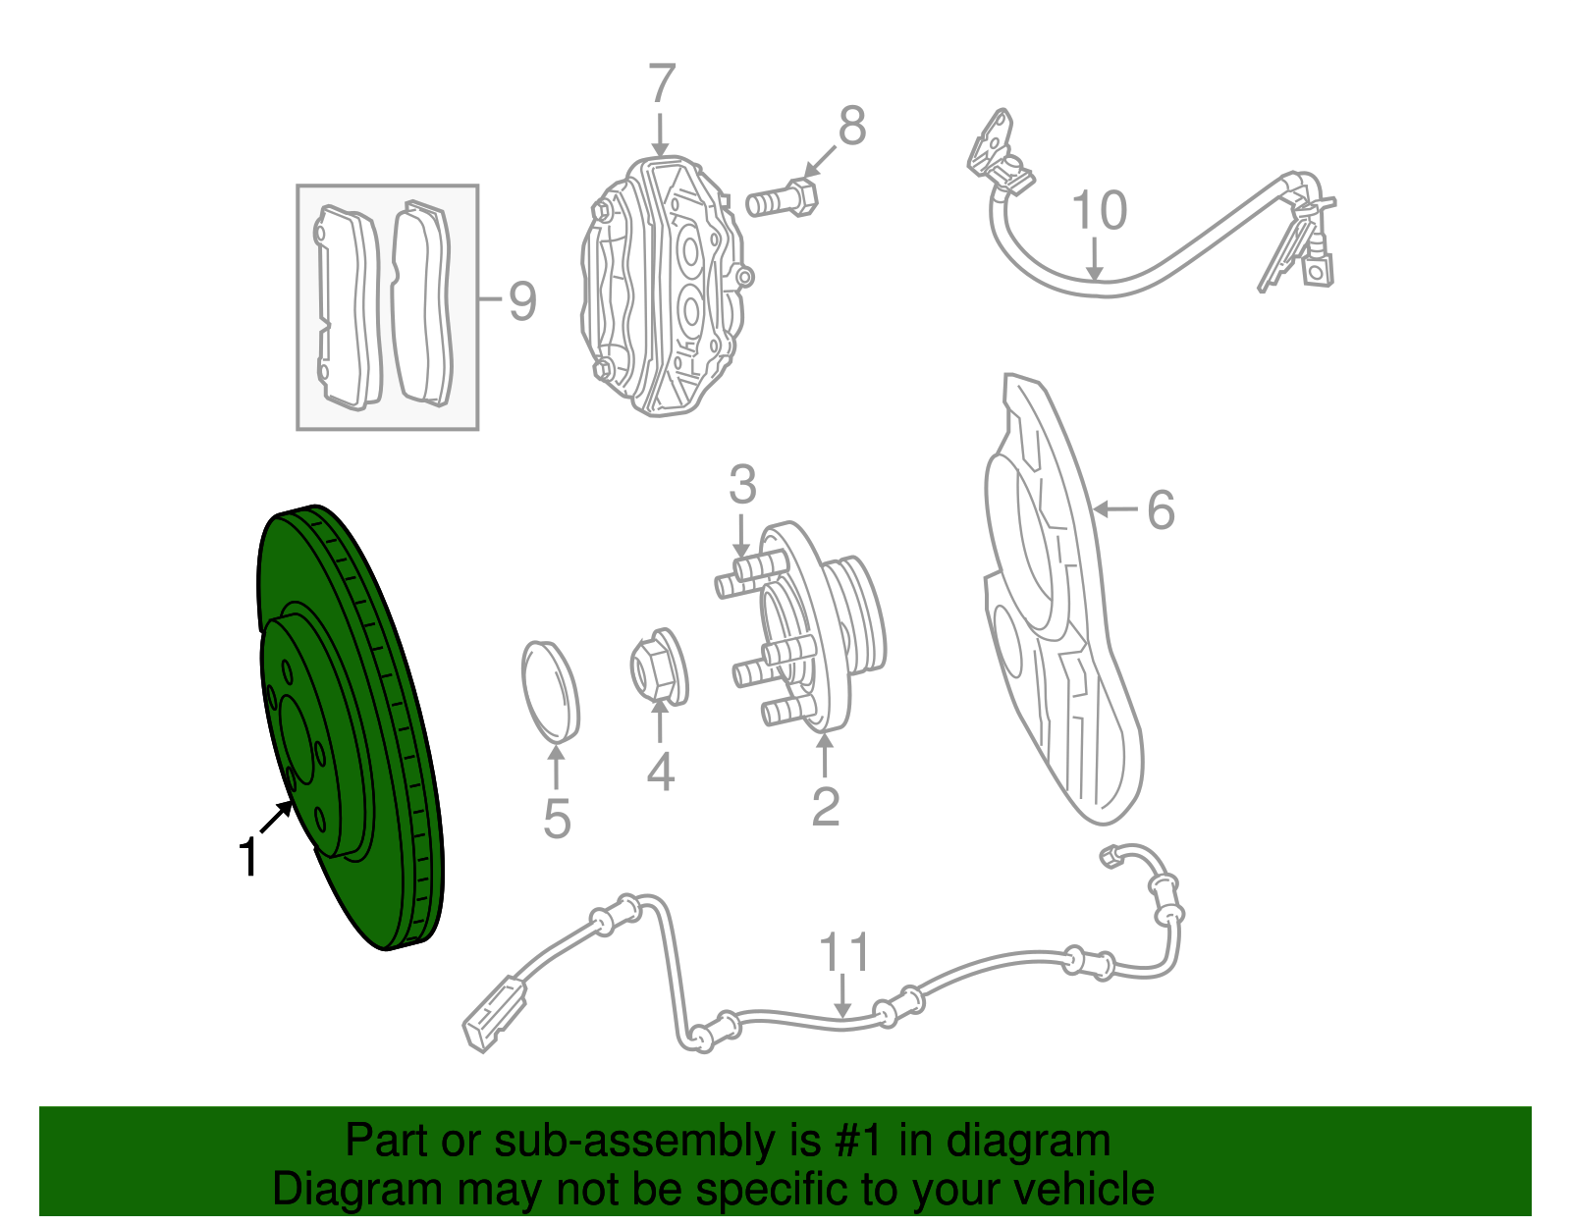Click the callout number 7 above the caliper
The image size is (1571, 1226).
click(x=662, y=84)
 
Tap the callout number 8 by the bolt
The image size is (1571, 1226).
click(x=851, y=127)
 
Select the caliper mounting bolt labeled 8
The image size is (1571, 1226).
click(x=782, y=201)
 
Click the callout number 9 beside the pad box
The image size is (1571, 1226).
click(x=521, y=300)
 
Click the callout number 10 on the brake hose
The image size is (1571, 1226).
click(x=1099, y=211)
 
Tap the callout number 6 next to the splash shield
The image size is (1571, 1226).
click(x=1161, y=510)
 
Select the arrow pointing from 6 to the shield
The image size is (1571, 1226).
click(x=1113, y=508)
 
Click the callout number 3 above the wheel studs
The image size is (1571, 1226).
click(x=742, y=486)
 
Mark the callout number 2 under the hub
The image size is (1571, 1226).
click(x=826, y=807)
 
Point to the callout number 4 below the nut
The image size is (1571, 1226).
click(x=660, y=773)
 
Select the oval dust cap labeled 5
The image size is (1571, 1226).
click(x=550, y=689)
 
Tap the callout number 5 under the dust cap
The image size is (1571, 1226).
click(x=557, y=820)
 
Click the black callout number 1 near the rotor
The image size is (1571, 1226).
click(x=249, y=857)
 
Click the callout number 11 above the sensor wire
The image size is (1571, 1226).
click(x=844, y=953)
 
